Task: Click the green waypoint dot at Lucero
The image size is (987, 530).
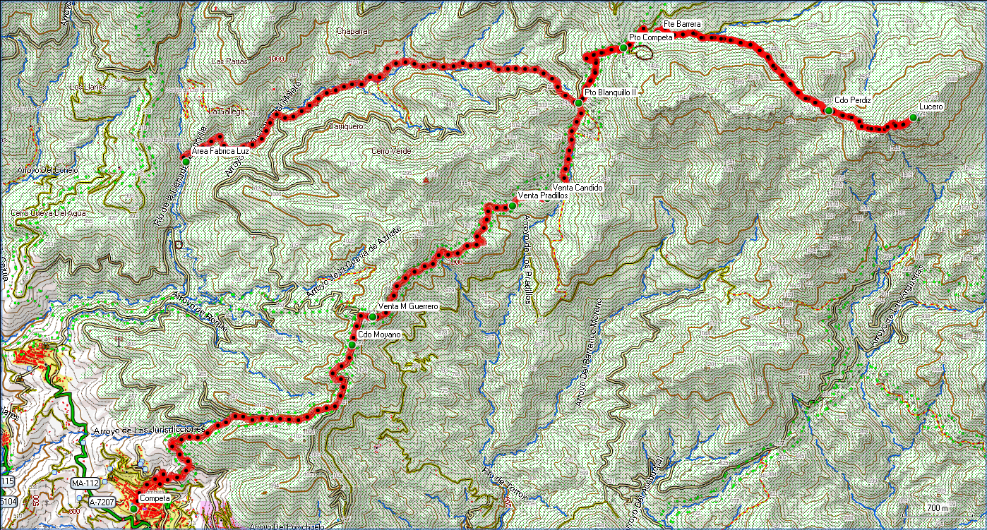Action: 913,118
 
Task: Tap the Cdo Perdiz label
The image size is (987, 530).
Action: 852,100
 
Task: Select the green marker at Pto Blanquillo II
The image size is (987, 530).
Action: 578,104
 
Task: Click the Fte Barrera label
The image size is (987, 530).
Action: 682,25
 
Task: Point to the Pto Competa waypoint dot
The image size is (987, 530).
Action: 623,47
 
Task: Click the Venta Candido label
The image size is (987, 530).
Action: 583,188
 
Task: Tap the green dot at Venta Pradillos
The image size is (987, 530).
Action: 512,206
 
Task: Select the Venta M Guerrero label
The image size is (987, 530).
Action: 409,307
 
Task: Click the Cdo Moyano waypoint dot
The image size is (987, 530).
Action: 352,344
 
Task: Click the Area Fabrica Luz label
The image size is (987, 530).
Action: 219,150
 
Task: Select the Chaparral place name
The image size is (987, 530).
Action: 354,32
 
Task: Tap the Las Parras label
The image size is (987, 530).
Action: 228,61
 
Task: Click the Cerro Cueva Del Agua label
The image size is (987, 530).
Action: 48,213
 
